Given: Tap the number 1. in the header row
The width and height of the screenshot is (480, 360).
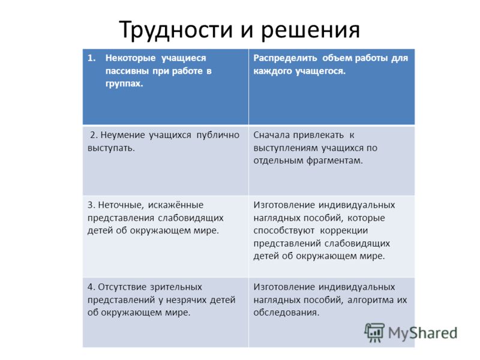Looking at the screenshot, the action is [92, 58].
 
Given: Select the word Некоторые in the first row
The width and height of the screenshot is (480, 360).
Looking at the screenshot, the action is [130, 58].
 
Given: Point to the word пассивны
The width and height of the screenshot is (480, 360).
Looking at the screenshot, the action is [127, 71].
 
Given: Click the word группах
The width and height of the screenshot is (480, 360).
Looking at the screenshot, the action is [124, 83].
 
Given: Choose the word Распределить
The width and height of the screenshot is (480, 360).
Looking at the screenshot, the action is [285, 58].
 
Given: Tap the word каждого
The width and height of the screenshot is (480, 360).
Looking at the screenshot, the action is [272, 71].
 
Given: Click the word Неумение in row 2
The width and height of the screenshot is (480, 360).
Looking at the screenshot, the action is [122, 135].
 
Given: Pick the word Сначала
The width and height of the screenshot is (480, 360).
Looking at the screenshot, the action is [271, 135].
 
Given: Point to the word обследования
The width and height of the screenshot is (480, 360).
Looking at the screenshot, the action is [286, 313].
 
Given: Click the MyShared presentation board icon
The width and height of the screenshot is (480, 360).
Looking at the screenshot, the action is [374, 333].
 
